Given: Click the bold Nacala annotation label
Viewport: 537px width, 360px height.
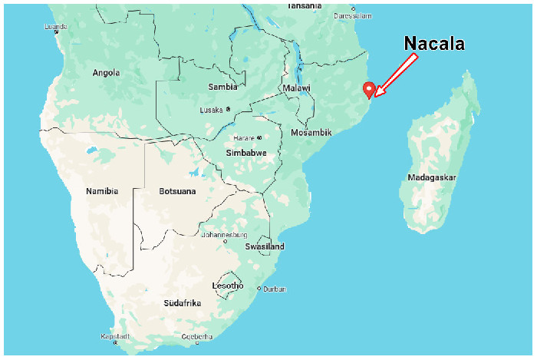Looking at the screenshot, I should pyautogui.click(x=434, y=44).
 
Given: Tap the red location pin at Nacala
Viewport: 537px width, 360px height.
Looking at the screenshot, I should pyautogui.click(x=369, y=89).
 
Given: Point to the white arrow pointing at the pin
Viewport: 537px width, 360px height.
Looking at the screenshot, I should pyautogui.click(x=395, y=76).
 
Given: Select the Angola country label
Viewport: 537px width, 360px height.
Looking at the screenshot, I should pyautogui.click(x=106, y=73).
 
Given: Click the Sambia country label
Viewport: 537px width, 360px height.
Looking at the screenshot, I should pyautogui.click(x=222, y=87).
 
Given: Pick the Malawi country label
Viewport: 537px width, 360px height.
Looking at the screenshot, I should pyautogui.click(x=296, y=88).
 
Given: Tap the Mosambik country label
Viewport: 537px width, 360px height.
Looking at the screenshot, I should pyautogui.click(x=311, y=133).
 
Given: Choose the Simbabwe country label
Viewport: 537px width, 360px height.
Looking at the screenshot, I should pyautogui.click(x=245, y=153).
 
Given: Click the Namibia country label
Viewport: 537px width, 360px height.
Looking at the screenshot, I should pyautogui.click(x=102, y=190).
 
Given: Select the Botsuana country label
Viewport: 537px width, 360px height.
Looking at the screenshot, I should pyautogui.click(x=177, y=190).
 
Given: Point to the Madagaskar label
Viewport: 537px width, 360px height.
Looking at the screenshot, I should pyautogui.click(x=433, y=177).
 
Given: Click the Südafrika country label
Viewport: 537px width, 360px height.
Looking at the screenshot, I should pyautogui.click(x=182, y=303).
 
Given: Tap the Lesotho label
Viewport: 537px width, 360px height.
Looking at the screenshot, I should pyautogui.click(x=227, y=286).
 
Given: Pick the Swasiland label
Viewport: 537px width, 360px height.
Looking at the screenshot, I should pyautogui.click(x=265, y=246).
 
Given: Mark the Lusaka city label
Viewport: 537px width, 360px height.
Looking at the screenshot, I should pyautogui.click(x=212, y=109).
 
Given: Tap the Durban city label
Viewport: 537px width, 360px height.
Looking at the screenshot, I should pyautogui.click(x=274, y=289).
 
